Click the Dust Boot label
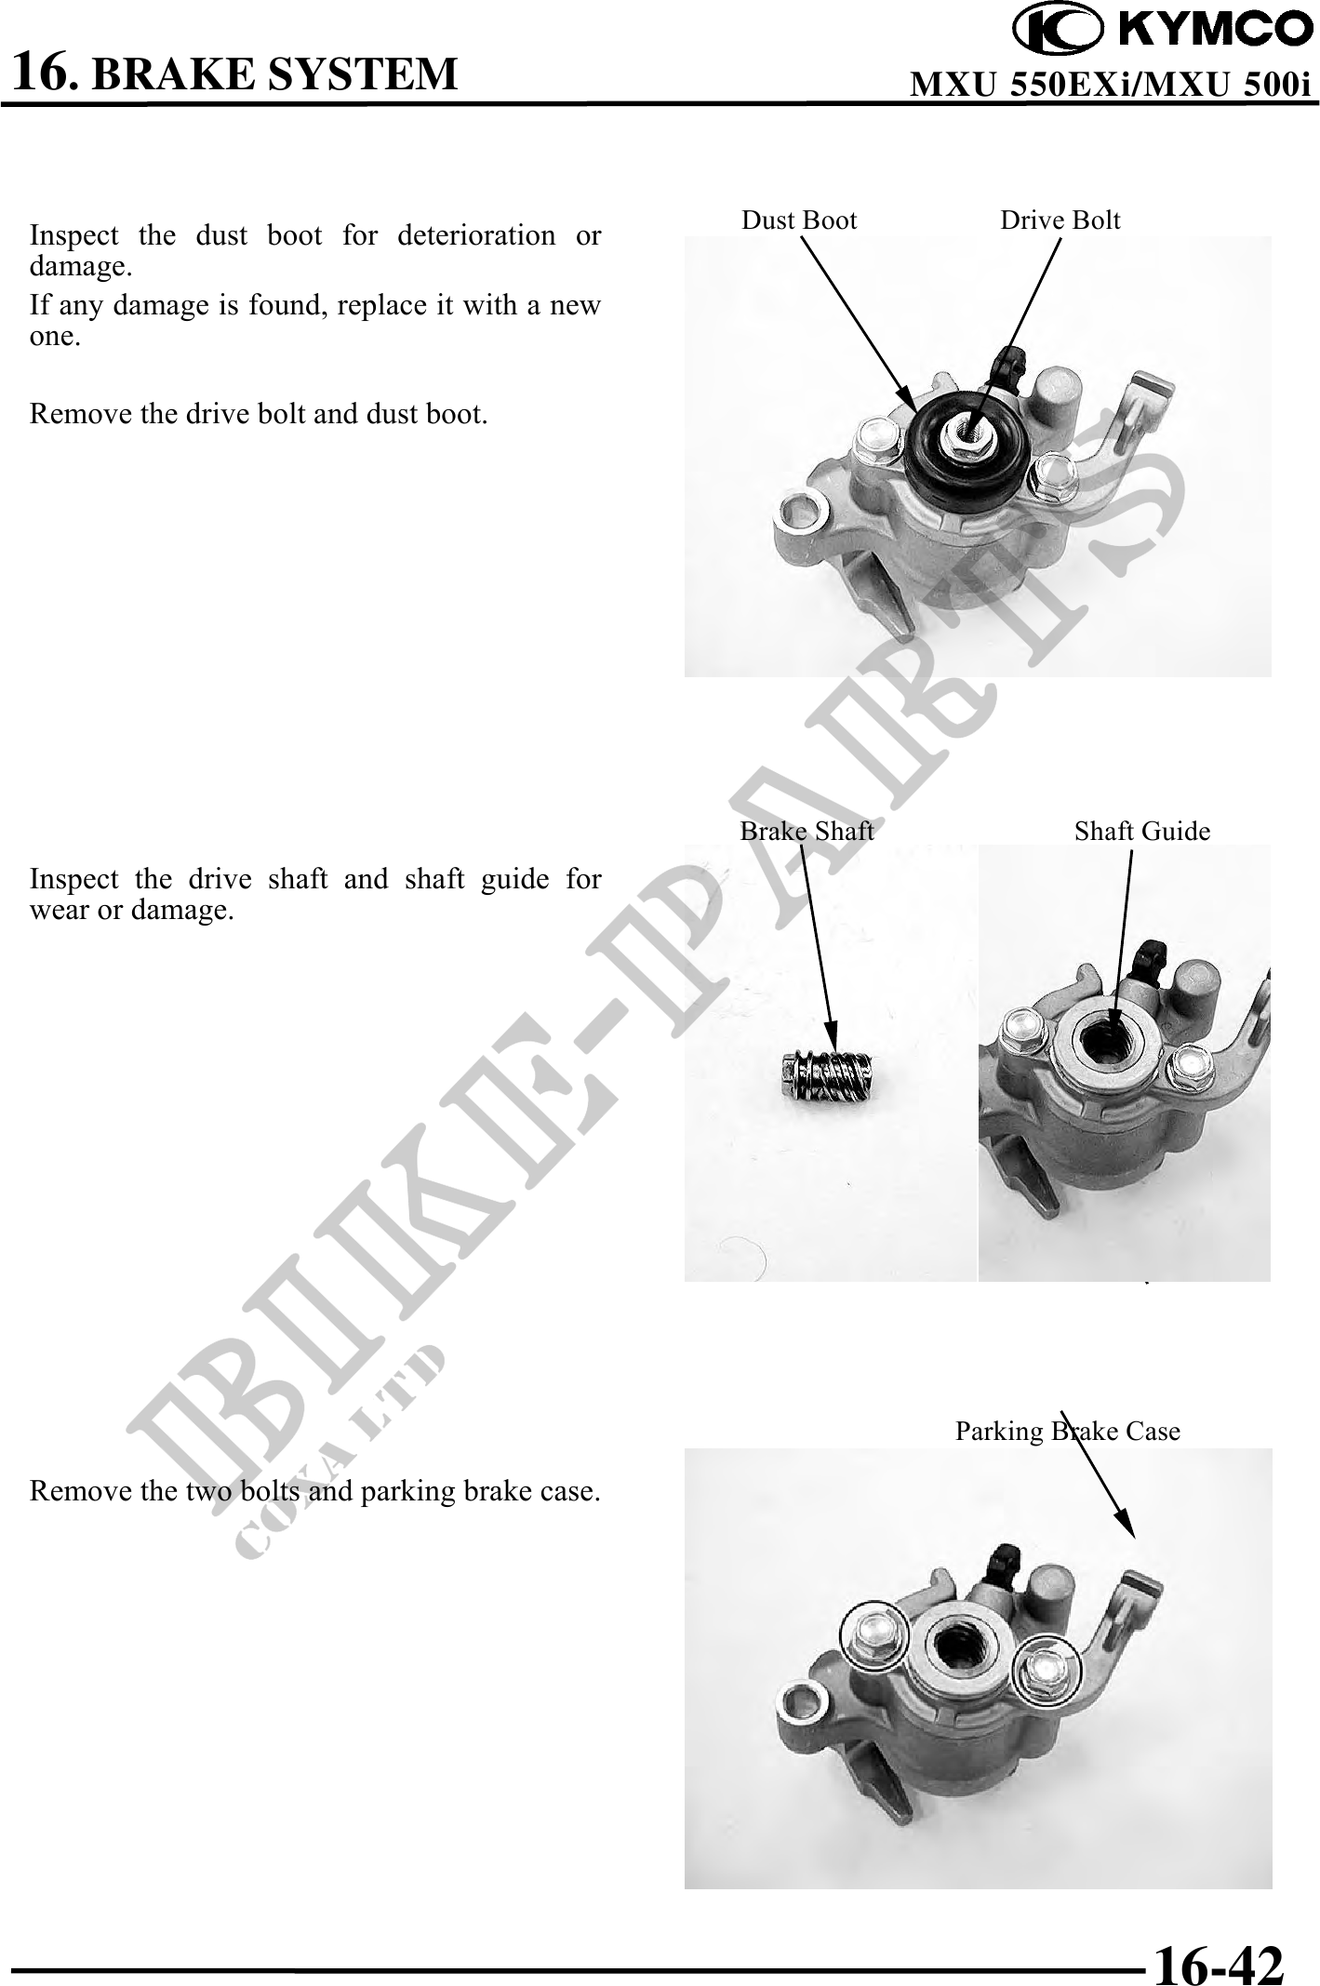click(799, 220)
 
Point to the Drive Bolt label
click(1060, 220)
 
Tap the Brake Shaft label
click(807, 831)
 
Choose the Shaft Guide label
click(1142, 831)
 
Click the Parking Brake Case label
click(1068, 1431)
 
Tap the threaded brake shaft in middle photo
click(825, 1076)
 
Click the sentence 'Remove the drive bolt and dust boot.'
click(259, 414)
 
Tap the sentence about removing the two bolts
click(314, 1491)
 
